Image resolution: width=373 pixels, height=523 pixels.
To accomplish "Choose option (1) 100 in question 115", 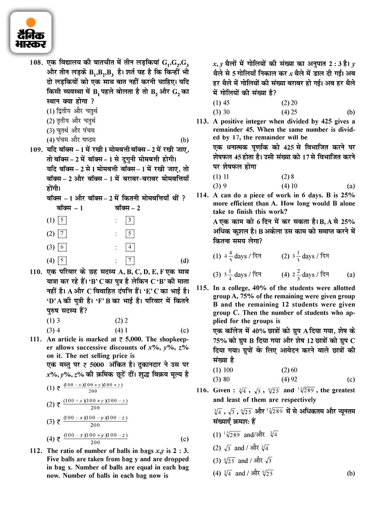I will (221, 369).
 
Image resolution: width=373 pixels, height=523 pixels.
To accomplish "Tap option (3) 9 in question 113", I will (220, 186).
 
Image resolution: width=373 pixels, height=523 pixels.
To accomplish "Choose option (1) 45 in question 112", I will (221, 102).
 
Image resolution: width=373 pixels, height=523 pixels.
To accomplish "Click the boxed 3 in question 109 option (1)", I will (130, 220).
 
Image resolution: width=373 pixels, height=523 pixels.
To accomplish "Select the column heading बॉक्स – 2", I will (127, 208).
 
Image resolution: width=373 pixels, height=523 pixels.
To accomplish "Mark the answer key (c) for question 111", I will (185, 439).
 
